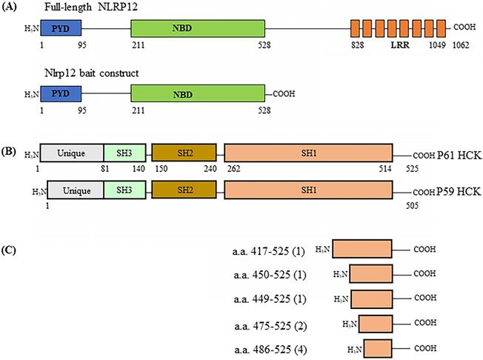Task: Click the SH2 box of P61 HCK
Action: pos(184,153)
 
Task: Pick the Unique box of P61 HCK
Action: pos(71,153)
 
